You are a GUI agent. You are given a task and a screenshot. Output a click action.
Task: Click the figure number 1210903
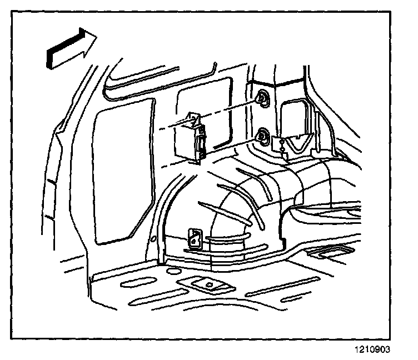pyautogui.click(x=371, y=349)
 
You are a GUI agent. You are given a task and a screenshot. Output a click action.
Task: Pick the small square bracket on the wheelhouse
pyautogui.click(x=195, y=238)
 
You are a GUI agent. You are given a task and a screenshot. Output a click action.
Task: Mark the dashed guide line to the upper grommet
pyautogui.click(x=228, y=108)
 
